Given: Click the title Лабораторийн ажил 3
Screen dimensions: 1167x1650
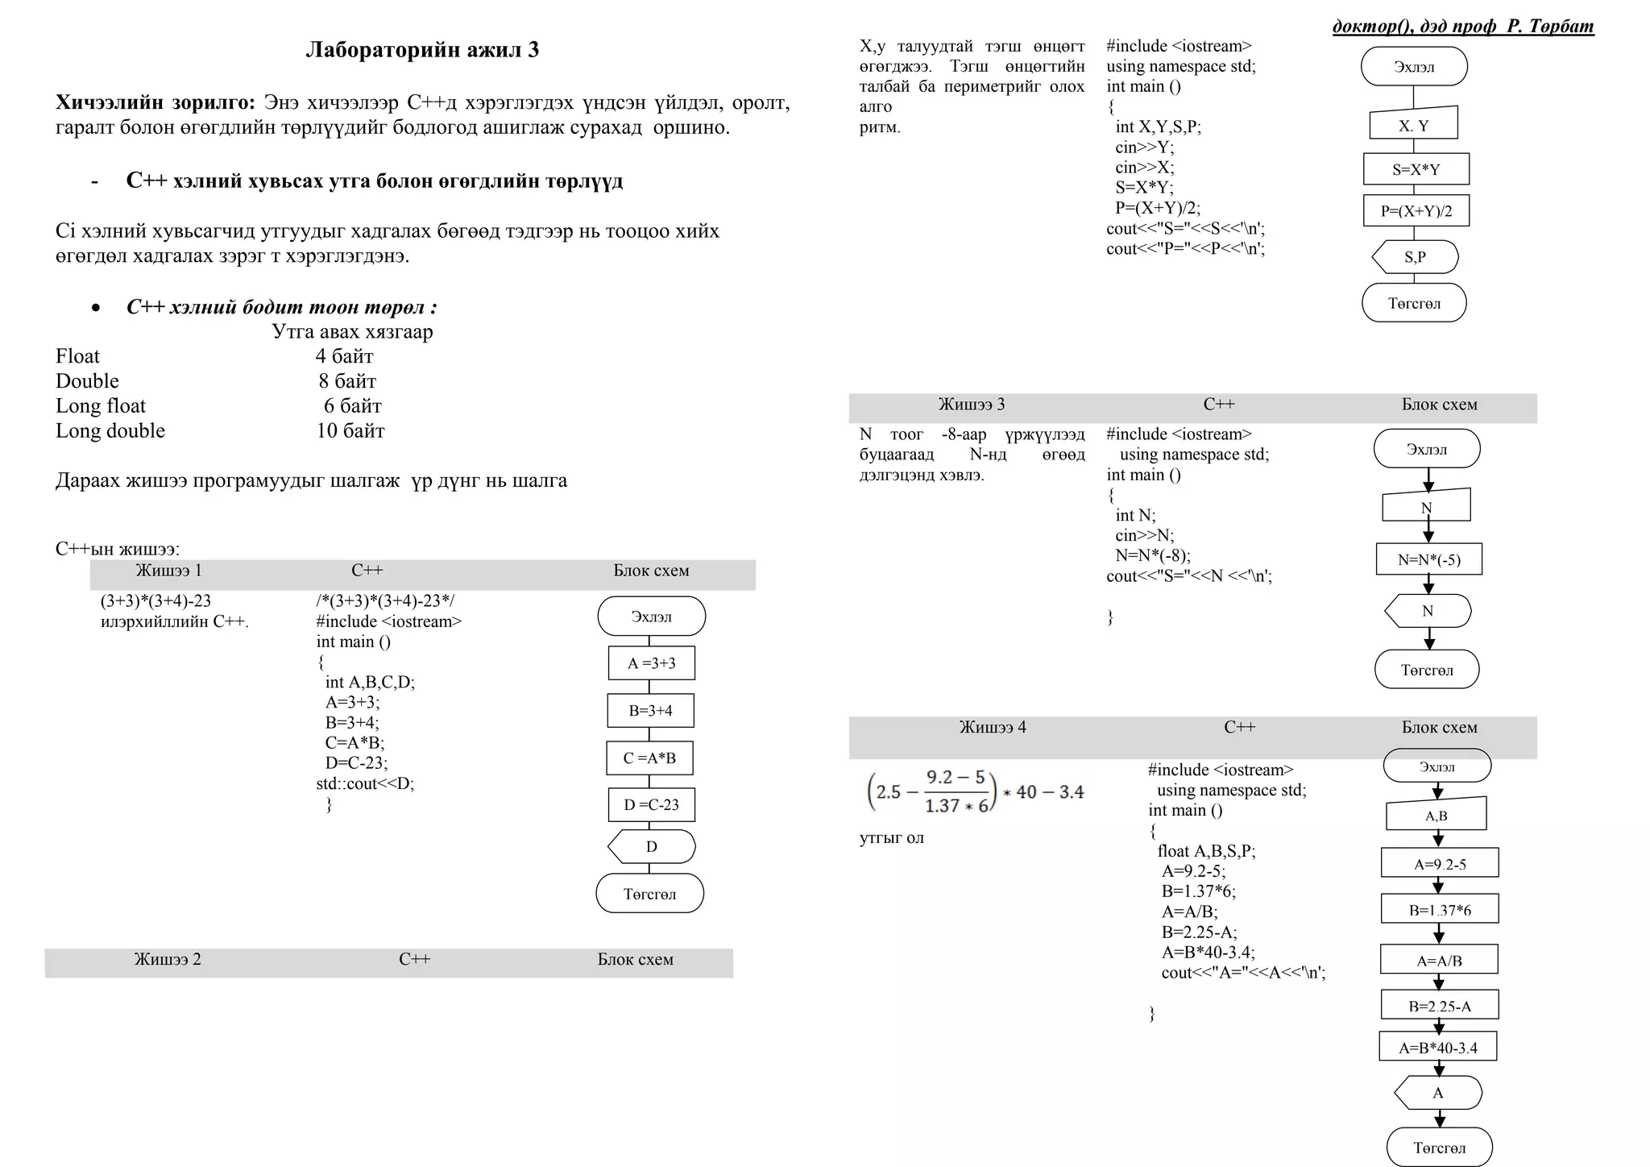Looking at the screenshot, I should tap(422, 50).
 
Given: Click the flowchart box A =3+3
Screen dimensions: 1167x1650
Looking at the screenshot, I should tap(651, 663).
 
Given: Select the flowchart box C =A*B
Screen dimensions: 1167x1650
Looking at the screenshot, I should tap(649, 758).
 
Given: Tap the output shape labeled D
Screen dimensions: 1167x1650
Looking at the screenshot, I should tap(651, 846).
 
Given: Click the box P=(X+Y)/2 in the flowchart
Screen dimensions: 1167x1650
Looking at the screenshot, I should tap(1416, 211).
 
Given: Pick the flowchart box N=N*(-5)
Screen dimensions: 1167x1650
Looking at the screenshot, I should tap(1428, 559).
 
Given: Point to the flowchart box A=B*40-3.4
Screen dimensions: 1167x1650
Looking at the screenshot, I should tap(1438, 1048).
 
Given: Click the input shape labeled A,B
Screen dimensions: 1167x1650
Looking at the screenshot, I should tap(1436, 816).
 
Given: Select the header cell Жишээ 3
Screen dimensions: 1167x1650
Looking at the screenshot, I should tap(971, 405).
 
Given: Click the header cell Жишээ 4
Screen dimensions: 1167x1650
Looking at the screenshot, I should tap(993, 728).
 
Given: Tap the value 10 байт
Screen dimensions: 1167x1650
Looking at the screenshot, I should tap(350, 431).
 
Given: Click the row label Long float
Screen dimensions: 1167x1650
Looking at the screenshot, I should tap(101, 406).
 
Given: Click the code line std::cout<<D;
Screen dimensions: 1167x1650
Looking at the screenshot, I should tap(365, 783).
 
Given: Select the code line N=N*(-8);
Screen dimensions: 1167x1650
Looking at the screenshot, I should tap(1152, 555).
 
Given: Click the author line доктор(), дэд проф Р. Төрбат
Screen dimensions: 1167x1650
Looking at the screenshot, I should tap(1462, 27).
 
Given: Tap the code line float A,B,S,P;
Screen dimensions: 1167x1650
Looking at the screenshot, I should tap(1206, 851).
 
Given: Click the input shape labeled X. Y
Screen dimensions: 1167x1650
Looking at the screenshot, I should tap(1413, 126).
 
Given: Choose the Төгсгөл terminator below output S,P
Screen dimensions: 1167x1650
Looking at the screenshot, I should tap(1414, 304).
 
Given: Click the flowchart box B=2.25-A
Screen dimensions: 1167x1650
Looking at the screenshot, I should tap(1439, 1006).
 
